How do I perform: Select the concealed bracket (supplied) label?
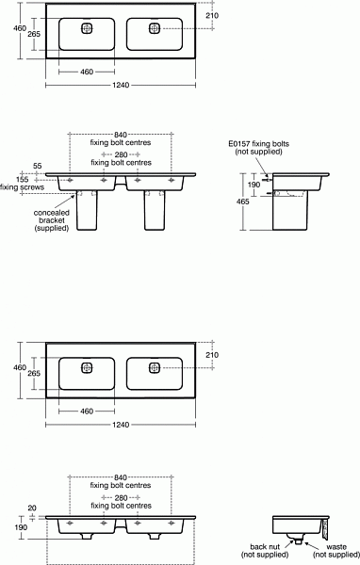[52, 220]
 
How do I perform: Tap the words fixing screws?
[22, 187]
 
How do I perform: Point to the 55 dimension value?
[37, 166]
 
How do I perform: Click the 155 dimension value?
[23, 180]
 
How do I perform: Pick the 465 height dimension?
[243, 202]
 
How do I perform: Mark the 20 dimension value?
[32, 508]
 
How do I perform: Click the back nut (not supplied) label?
[265, 551]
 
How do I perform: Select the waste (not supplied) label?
[336, 551]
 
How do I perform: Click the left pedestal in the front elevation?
[87, 210]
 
